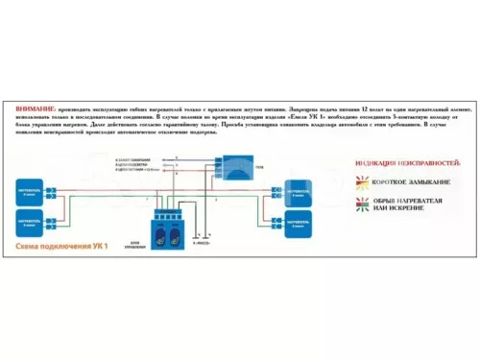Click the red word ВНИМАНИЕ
pos(36,109)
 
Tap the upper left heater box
pos(36,189)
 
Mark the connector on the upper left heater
pos(57,189)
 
